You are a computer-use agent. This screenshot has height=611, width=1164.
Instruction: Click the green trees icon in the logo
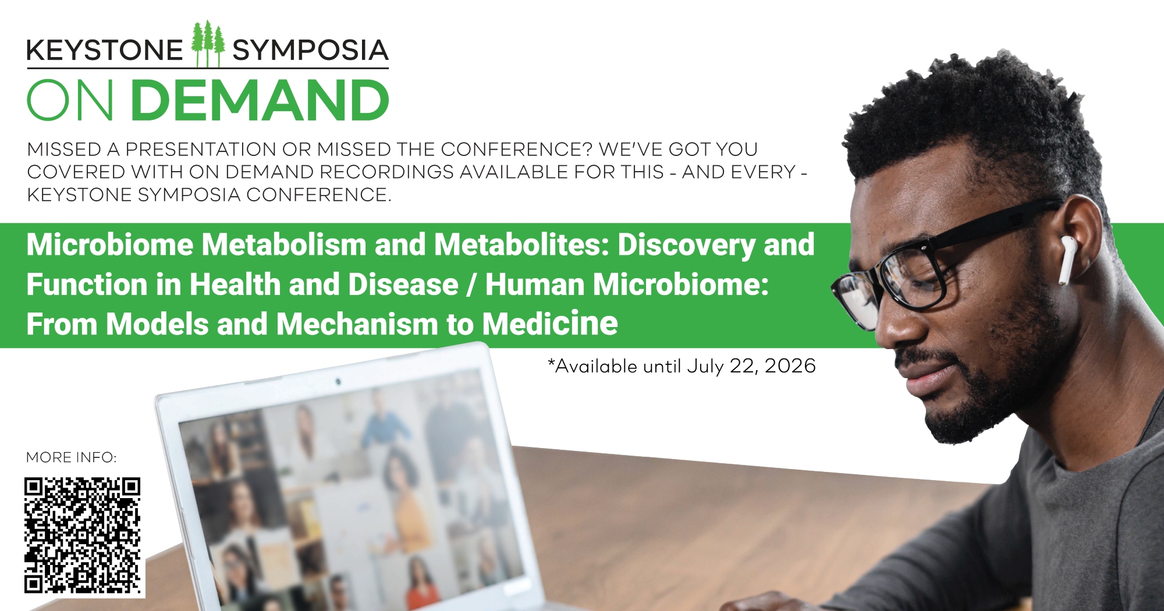click(x=208, y=44)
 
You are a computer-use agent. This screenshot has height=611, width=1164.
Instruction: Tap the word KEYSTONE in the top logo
click(x=105, y=51)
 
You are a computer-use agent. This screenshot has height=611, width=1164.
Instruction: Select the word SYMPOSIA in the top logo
click(x=311, y=51)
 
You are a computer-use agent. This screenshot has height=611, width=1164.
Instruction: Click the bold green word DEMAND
click(x=260, y=101)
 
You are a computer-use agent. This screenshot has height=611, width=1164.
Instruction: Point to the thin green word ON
click(x=70, y=101)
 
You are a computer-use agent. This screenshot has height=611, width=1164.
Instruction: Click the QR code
click(x=83, y=535)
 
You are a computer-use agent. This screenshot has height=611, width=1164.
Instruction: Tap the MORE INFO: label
click(x=72, y=458)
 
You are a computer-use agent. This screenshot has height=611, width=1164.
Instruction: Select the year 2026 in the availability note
click(x=790, y=366)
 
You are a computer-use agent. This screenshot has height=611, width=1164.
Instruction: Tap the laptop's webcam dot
click(x=338, y=382)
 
